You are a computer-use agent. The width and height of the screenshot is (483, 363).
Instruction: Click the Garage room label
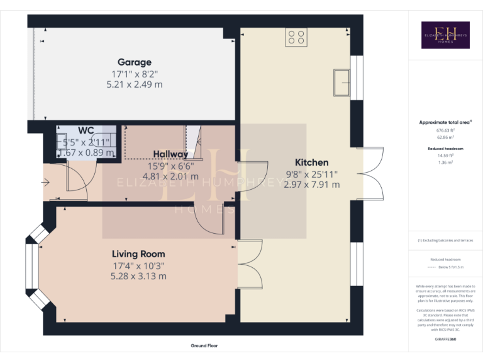click(135, 62)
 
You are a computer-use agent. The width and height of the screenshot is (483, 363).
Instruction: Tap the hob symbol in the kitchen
click(296, 38)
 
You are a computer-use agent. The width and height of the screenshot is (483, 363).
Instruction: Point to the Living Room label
click(138, 254)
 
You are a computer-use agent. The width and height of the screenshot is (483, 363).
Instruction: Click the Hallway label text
click(170, 154)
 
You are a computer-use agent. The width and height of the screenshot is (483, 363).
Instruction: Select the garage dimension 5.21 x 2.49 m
click(135, 84)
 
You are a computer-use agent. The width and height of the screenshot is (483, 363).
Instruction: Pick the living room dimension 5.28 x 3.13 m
click(138, 276)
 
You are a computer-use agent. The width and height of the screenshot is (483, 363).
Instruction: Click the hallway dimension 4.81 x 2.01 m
click(170, 176)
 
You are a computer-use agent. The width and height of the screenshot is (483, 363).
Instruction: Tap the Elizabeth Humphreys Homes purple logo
click(445, 35)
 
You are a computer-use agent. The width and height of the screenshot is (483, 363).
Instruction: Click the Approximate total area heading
click(445, 122)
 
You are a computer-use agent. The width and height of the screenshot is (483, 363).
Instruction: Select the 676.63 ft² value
click(445, 130)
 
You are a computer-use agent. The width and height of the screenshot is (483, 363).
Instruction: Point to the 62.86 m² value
click(445, 137)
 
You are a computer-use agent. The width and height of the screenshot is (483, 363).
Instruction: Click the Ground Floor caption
click(205, 346)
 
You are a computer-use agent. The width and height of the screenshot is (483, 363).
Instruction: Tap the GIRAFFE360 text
click(445, 339)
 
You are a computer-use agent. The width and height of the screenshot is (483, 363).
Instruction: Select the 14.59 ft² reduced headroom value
click(445, 154)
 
